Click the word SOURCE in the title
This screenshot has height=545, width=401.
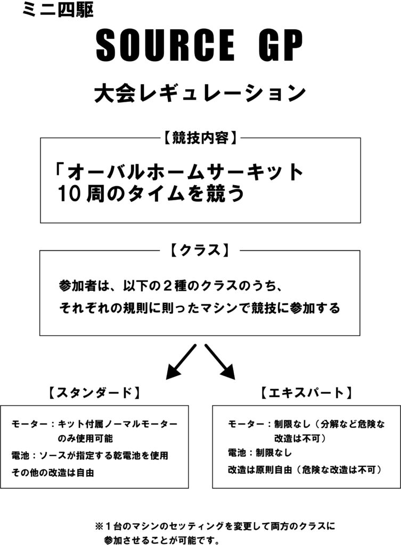pyautogui.click(x=165, y=46)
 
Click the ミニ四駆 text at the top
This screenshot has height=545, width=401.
pyautogui.click(x=58, y=11)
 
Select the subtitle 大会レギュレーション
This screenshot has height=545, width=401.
pyautogui.click(x=200, y=93)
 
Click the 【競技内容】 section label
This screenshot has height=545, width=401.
pyautogui.click(x=200, y=138)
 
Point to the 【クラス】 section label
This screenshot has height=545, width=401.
pyautogui.click(x=200, y=250)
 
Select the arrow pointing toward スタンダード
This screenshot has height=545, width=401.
pyautogui.click(x=181, y=362)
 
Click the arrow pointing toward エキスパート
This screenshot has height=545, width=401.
pyautogui.click(x=220, y=362)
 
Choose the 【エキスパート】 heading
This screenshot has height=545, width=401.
pyautogui.click(x=306, y=393)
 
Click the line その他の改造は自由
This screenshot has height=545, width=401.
pyautogui.click(x=53, y=473)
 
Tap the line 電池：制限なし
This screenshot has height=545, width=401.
pyautogui.click(x=259, y=452)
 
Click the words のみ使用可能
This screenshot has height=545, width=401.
pyautogui.click(x=85, y=439)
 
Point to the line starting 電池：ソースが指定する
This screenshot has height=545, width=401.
pyautogui.click(x=89, y=456)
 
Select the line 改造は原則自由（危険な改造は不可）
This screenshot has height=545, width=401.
pyautogui.click(x=305, y=470)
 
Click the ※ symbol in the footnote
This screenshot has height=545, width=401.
pyautogui.click(x=99, y=526)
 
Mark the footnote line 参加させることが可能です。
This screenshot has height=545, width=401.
pyautogui.click(x=162, y=540)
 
